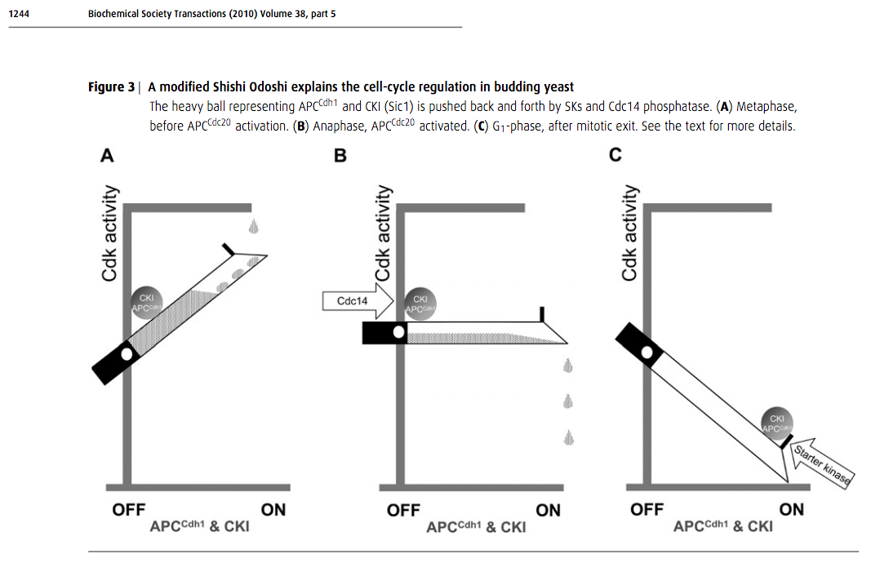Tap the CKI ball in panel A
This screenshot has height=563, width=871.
point(148,304)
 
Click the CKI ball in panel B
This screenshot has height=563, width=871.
point(420,304)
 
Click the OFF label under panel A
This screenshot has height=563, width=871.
point(129,510)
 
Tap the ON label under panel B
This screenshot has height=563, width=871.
point(549,511)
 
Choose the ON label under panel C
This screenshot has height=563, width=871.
point(792,510)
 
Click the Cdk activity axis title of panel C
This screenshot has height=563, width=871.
point(629,232)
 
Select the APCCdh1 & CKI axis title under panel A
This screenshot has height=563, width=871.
point(200,527)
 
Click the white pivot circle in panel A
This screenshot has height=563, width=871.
point(127,352)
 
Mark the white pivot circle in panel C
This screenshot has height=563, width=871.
point(647,352)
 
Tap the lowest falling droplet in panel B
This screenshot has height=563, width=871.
point(569,438)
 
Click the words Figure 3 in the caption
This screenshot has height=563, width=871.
point(111,87)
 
